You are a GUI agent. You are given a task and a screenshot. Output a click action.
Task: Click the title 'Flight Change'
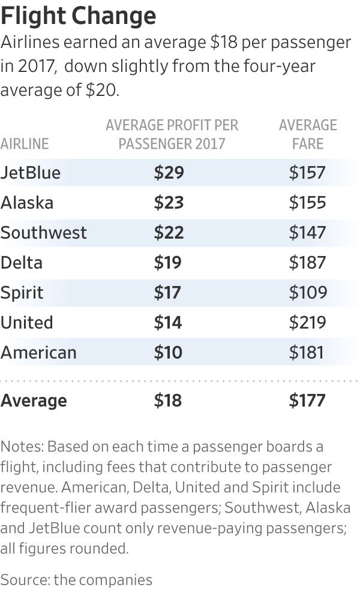point(79,15)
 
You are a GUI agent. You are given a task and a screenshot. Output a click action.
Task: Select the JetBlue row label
point(31,173)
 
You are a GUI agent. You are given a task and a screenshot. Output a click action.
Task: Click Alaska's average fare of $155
point(307,203)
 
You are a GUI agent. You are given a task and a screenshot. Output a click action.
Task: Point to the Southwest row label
point(44,233)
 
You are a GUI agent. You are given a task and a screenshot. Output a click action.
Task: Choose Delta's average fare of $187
point(307,263)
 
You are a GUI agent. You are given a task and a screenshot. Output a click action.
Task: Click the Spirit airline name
point(22,293)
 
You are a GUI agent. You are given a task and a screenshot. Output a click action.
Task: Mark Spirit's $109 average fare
point(307,293)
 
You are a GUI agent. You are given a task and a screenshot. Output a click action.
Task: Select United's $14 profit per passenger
point(168,323)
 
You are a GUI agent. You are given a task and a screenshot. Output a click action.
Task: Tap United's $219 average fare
point(307,323)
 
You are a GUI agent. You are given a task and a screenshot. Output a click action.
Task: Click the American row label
point(38,353)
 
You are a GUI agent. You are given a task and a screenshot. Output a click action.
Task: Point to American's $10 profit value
point(168,353)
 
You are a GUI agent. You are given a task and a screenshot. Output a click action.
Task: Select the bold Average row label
point(34,401)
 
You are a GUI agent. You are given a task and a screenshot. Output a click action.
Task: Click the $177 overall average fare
point(307,401)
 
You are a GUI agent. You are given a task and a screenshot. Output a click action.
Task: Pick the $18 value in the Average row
point(168,401)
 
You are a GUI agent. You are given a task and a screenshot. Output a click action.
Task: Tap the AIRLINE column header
point(25,144)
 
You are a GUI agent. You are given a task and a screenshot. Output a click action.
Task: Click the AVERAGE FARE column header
point(308,134)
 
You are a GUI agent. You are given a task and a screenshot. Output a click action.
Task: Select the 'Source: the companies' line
point(76,579)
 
